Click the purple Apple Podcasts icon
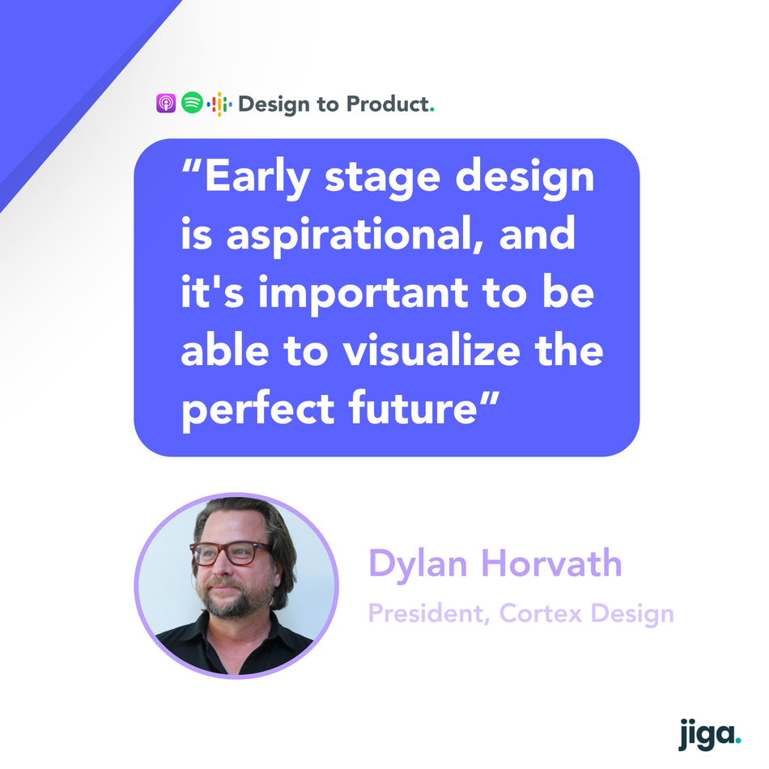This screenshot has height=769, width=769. (166, 103)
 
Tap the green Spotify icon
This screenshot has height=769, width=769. (192, 103)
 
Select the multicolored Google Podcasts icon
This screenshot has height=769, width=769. (219, 104)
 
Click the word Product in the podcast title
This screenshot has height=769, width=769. (388, 104)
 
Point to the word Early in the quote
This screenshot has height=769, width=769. (257, 177)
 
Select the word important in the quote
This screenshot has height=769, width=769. (363, 294)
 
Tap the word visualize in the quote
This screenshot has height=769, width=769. (431, 351)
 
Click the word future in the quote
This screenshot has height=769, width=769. (412, 407)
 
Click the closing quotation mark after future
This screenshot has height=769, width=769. (489, 398)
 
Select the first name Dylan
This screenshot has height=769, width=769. (418, 564)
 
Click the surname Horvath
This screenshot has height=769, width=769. (552, 563)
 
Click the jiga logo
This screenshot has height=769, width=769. (709, 734)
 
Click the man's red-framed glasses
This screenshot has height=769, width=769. (230, 553)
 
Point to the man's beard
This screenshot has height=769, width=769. (236, 599)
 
